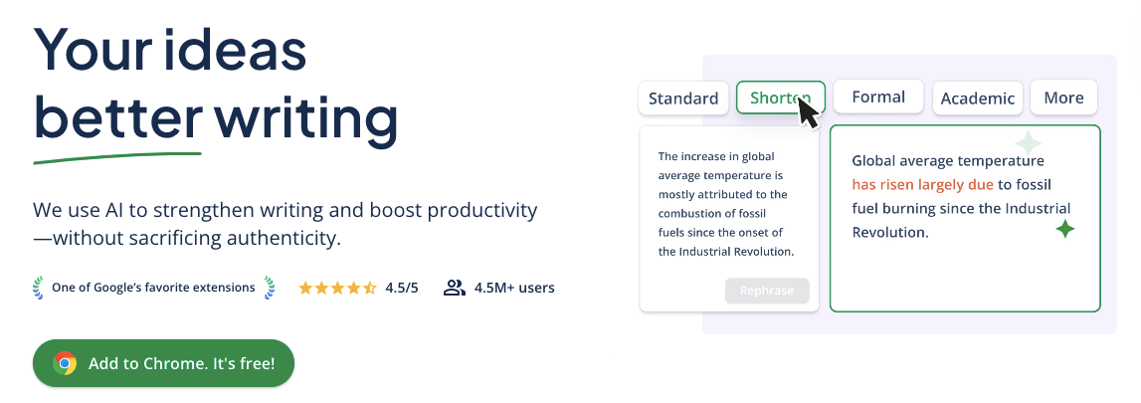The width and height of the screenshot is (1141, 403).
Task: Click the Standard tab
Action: (x=683, y=99)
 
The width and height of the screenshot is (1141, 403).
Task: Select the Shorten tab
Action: (x=780, y=98)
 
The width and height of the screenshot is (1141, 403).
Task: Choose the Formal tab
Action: (x=878, y=97)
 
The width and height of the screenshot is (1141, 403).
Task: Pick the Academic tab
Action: (x=977, y=99)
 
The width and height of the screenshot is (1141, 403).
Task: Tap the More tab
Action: (x=1063, y=98)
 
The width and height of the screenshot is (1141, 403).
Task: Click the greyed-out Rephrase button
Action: (x=767, y=291)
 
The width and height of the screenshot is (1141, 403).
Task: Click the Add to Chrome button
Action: (x=164, y=363)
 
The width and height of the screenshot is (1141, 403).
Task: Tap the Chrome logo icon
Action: (x=65, y=363)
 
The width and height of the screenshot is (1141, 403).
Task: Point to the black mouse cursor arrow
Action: (x=807, y=112)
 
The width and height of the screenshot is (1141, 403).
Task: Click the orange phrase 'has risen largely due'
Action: (x=923, y=185)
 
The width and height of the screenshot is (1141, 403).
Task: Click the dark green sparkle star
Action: (x=1065, y=230)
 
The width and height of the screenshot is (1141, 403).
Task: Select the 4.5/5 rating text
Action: (x=402, y=288)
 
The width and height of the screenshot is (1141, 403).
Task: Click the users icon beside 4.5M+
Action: (x=454, y=288)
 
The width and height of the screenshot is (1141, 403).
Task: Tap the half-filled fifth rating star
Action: (x=370, y=288)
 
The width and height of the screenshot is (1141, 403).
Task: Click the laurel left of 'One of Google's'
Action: (x=39, y=288)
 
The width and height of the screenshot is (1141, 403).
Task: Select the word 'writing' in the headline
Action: (x=305, y=118)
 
